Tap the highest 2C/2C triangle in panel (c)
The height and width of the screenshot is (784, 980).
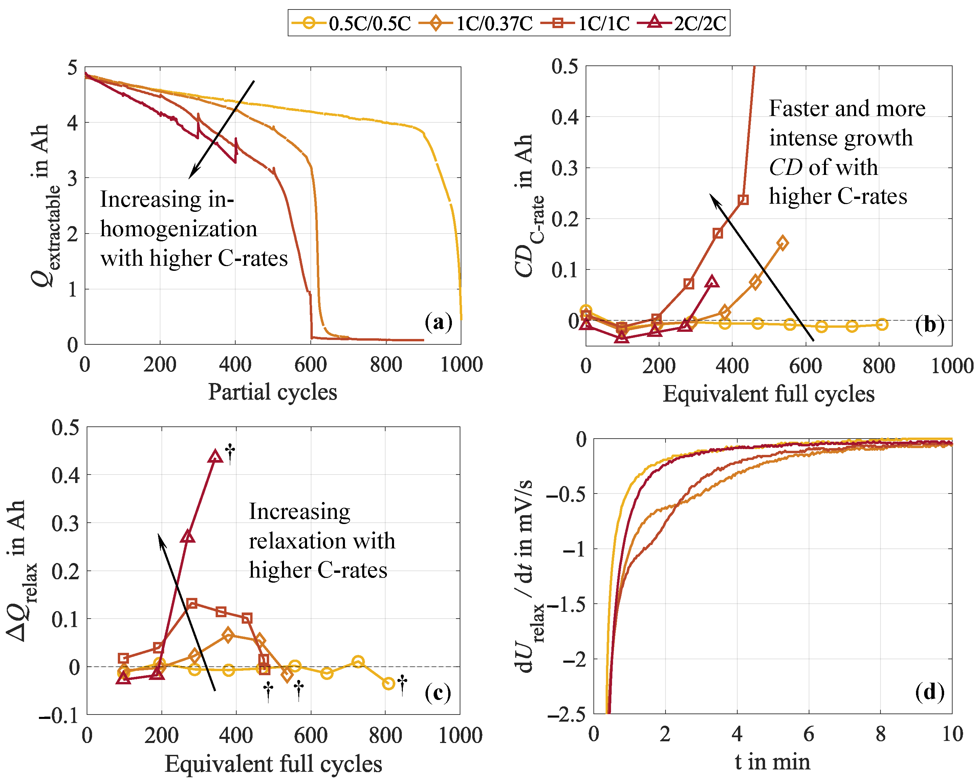[215, 456]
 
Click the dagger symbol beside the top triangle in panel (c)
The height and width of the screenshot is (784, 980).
[231, 454]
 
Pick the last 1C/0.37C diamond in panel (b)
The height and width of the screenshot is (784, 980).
[782, 243]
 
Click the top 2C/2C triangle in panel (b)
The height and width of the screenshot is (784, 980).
[712, 282]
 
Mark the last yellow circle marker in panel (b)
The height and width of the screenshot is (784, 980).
[882, 324]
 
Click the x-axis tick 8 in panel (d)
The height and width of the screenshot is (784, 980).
[880, 734]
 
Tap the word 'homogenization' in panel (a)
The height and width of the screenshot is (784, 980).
[179, 228]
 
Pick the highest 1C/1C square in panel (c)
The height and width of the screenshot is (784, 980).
[192, 603]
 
